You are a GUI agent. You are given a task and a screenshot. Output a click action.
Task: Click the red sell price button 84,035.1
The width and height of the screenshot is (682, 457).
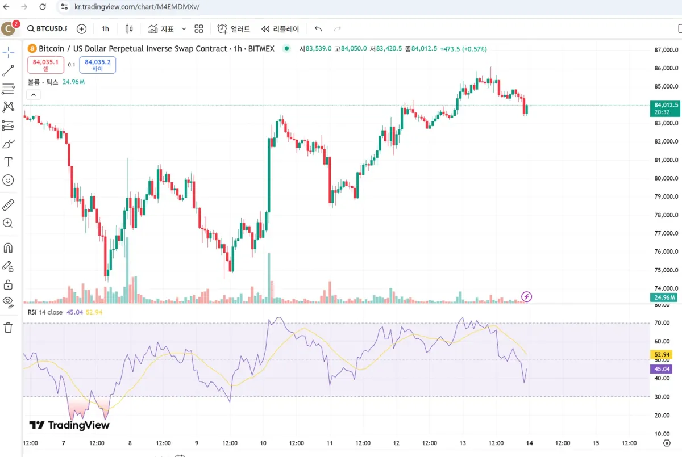(x=45, y=65)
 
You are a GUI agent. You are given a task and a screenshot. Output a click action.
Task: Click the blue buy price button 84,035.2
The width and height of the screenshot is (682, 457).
(x=97, y=65)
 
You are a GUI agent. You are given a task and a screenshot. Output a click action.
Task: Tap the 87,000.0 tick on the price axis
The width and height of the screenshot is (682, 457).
(x=666, y=50)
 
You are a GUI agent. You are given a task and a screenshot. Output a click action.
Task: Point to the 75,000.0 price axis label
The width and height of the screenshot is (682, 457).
(x=666, y=270)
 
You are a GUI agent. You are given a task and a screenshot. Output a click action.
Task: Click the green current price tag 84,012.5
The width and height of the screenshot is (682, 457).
(x=664, y=108)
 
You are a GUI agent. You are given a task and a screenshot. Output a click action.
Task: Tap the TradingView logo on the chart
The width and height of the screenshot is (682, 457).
(x=69, y=425)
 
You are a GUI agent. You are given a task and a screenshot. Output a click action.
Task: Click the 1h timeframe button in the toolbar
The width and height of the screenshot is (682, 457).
(x=105, y=29)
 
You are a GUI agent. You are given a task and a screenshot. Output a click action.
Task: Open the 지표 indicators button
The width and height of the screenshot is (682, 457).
(x=161, y=29)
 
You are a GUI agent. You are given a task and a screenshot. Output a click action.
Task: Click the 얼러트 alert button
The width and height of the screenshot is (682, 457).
(x=234, y=29)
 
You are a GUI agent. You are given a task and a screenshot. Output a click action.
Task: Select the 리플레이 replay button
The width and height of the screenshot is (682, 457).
(x=280, y=29)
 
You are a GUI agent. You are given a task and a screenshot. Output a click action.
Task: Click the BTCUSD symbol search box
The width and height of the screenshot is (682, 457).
(x=47, y=29)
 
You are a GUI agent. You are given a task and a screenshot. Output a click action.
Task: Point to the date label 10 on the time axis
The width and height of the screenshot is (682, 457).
(x=263, y=443)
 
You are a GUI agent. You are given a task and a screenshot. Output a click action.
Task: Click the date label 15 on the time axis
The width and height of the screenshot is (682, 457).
(x=596, y=443)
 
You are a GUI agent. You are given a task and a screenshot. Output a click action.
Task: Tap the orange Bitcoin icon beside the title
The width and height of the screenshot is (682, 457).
(x=32, y=49)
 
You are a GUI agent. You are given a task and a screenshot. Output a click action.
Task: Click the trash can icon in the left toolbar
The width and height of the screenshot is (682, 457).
(x=9, y=328)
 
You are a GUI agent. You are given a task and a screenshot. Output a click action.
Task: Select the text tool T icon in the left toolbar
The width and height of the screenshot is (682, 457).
(x=9, y=162)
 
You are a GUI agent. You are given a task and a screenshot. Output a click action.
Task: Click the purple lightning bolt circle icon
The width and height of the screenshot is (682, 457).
(x=527, y=296)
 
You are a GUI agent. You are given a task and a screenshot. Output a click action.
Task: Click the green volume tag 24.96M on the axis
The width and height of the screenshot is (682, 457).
(x=664, y=297)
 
